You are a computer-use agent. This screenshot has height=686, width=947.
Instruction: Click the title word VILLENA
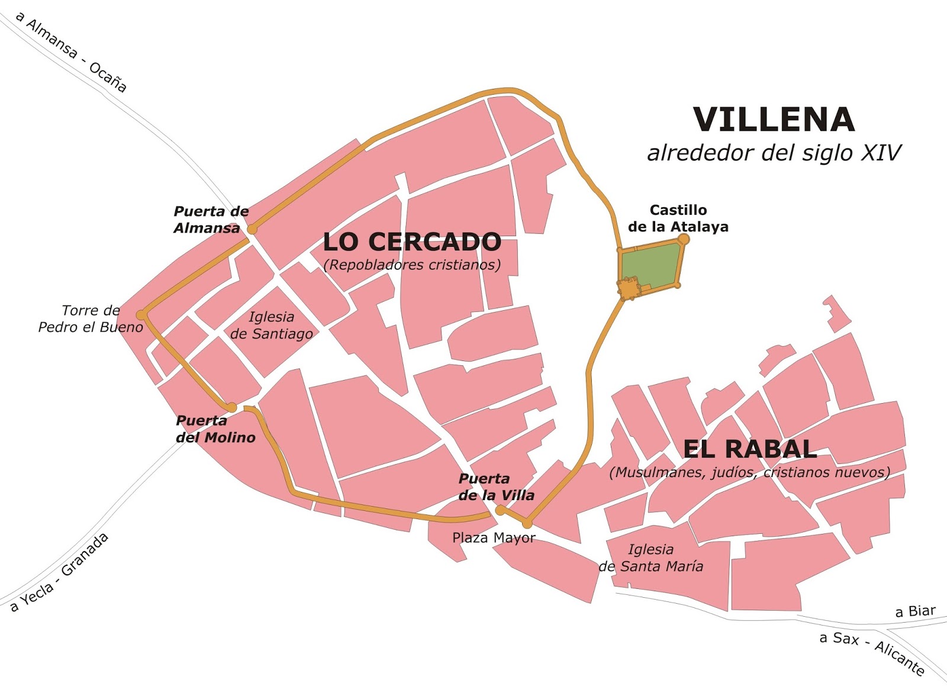pos(774,120)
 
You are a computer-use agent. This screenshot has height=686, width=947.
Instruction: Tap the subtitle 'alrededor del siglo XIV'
pos(774,153)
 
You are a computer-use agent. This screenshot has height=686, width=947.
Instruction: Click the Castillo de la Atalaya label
pos(678,218)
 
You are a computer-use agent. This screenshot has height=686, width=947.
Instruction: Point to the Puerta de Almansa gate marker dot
pos(252,229)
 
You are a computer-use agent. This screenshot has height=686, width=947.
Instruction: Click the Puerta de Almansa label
pos(211,220)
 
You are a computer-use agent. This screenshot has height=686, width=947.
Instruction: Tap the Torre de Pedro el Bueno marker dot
pos(141,314)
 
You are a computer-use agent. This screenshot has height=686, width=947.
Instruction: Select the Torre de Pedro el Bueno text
pos(91,319)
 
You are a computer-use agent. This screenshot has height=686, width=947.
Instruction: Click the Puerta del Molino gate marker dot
pos(232,407)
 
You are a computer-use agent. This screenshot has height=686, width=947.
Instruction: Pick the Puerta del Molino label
pos(215,429)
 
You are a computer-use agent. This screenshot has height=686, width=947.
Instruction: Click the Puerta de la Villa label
pos(496,487)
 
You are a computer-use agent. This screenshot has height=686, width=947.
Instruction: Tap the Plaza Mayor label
pos(494,537)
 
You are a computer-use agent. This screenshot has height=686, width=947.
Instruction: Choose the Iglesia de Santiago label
pos(272,326)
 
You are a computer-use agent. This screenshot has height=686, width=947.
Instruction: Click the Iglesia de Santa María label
pos(651,558)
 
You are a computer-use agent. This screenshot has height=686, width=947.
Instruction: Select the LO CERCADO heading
pos(412,242)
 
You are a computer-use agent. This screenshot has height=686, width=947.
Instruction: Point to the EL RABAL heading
pos(750,449)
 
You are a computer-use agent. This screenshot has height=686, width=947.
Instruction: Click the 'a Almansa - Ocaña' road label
pos(71,52)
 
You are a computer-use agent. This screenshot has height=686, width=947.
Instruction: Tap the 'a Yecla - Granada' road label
pos(60,572)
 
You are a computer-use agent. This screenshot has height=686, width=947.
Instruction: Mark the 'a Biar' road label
pos(915,611)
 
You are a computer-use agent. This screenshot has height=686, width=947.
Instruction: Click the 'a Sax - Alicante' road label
pos(871,653)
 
